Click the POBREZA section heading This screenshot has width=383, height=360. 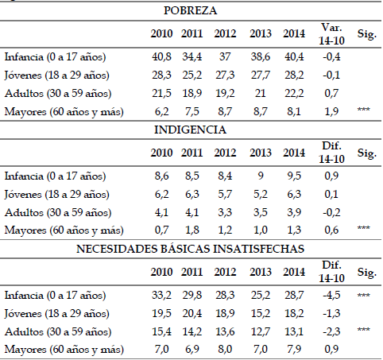[x=191, y=10]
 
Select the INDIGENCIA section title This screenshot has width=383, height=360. [x=190, y=130]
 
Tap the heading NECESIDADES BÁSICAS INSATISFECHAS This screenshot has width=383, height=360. [x=190, y=249]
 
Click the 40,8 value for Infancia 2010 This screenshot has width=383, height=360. [x=161, y=56]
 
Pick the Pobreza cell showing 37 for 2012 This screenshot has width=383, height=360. [x=225, y=56]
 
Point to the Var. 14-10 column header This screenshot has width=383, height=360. [x=331, y=34]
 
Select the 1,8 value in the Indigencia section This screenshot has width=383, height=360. [x=192, y=230]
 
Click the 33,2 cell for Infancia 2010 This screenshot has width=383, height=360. [x=161, y=295]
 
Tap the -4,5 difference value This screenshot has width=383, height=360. [x=331, y=295]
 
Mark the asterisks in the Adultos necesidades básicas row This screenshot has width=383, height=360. [x=364, y=330]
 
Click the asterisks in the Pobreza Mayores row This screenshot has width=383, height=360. [x=364, y=109]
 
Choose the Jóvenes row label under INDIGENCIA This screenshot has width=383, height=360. [x=56, y=195]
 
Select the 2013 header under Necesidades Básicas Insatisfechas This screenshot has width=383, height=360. [x=261, y=272]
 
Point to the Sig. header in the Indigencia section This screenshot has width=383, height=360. [x=367, y=153]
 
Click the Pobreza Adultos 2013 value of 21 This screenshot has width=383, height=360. [x=260, y=93]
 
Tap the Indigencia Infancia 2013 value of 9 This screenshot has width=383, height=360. [x=261, y=176]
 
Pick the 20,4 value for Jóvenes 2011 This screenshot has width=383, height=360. [x=192, y=313]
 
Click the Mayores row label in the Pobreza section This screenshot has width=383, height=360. [x=64, y=112]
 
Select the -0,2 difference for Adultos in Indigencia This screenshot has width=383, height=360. [x=331, y=212]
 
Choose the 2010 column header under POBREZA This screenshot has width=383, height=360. [x=161, y=33]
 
